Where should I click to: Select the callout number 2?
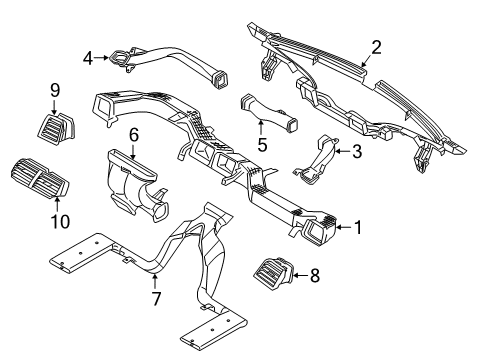pyautogui.click(x=376, y=46)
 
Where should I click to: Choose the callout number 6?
pyautogui.click(x=133, y=134)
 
